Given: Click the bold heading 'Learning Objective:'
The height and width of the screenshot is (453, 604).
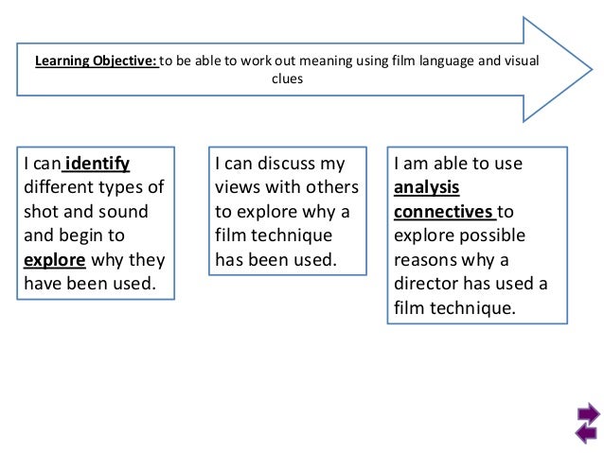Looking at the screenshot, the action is coord(96,62).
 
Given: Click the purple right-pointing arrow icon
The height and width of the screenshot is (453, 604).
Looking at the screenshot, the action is coord(586,414).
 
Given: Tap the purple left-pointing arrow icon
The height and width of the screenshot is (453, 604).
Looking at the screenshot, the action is coord(586,433).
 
